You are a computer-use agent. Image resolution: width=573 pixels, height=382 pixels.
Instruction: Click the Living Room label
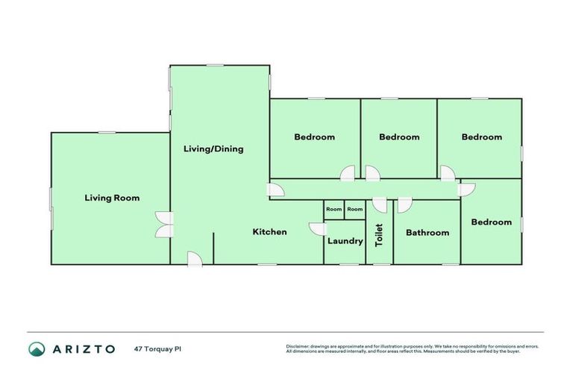(112, 198)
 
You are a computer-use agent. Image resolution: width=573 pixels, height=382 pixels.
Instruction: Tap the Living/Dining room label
(213, 148)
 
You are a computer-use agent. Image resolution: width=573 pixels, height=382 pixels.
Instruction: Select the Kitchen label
(269, 232)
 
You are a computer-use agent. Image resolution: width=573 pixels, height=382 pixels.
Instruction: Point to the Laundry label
(345, 241)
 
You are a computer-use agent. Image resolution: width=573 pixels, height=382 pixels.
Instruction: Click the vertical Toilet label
(379, 234)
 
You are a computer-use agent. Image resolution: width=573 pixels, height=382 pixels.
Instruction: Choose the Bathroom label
(428, 233)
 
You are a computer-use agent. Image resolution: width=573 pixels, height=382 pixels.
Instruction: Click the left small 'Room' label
(334, 210)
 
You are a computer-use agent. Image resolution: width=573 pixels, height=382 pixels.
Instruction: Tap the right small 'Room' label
(355, 210)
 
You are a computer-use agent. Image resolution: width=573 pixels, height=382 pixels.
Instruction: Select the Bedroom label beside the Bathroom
(492, 222)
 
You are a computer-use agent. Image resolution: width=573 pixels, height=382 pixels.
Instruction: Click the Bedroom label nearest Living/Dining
(314, 137)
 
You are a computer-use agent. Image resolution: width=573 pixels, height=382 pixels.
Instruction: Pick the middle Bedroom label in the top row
(399, 137)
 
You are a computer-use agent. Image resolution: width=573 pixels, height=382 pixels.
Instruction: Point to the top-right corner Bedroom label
(481, 137)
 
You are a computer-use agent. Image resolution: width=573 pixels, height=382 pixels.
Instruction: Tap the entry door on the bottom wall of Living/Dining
(193, 259)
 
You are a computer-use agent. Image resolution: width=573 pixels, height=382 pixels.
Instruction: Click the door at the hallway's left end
(276, 191)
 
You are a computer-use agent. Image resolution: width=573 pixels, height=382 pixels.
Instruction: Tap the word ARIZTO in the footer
(84, 348)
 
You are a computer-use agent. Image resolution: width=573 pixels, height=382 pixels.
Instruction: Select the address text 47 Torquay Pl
(158, 348)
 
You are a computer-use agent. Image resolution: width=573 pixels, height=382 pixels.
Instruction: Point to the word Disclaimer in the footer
(298, 346)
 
